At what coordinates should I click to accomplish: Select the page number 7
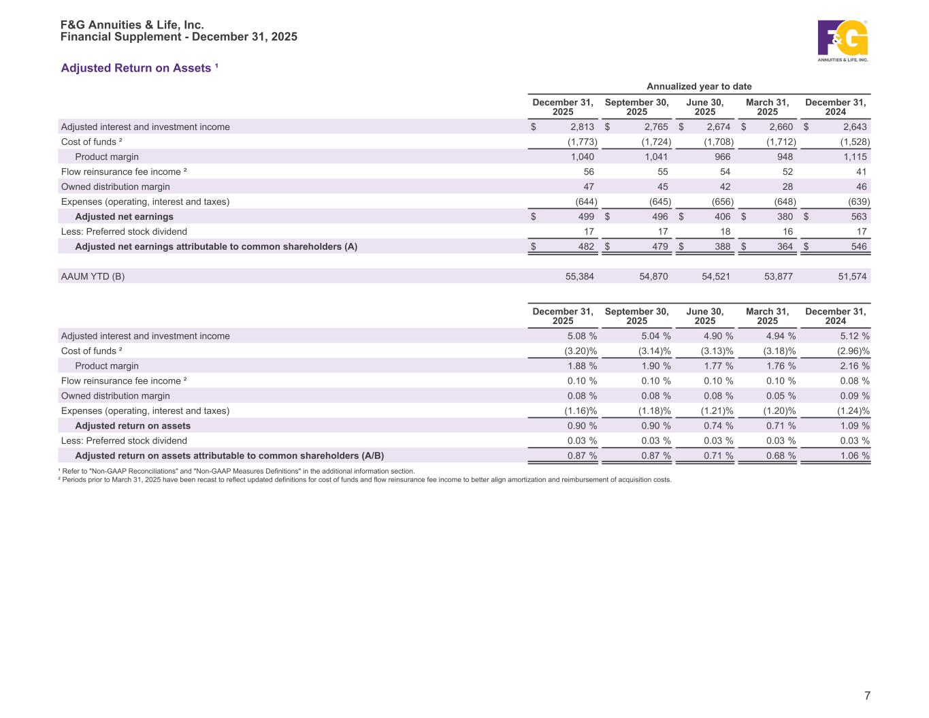tap(867, 696)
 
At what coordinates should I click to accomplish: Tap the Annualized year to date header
tap(699, 86)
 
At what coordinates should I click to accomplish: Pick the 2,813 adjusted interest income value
tap(582, 127)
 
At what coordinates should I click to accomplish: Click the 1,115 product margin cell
tap(855, 157)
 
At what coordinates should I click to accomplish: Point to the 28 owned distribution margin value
tap(787, 186)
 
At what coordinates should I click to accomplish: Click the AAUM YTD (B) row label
tap(93, 276)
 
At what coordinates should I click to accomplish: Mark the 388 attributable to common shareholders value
tap(721, 246)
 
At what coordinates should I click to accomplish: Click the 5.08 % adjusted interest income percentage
tap(582, 336)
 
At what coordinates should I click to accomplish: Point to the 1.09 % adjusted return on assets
tap(855, 426)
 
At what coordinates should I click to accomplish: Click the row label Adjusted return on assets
tap(133, 426)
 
